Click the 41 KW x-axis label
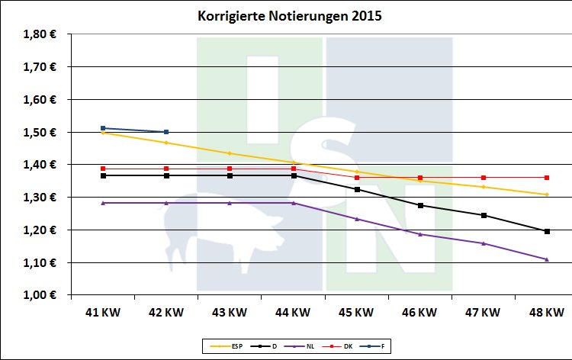click(103, 312)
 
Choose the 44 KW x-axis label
click(293, 312)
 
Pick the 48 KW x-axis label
click(546, 312)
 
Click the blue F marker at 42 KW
click(166, 132)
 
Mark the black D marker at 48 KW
click(547, 231)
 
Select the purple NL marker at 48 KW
click(547, 259)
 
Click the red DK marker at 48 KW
click(547, 178)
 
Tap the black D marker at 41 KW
click(103, 175)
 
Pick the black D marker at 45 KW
click(357, 189)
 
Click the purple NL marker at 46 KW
click(420, 234)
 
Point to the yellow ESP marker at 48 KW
click(547, 194)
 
